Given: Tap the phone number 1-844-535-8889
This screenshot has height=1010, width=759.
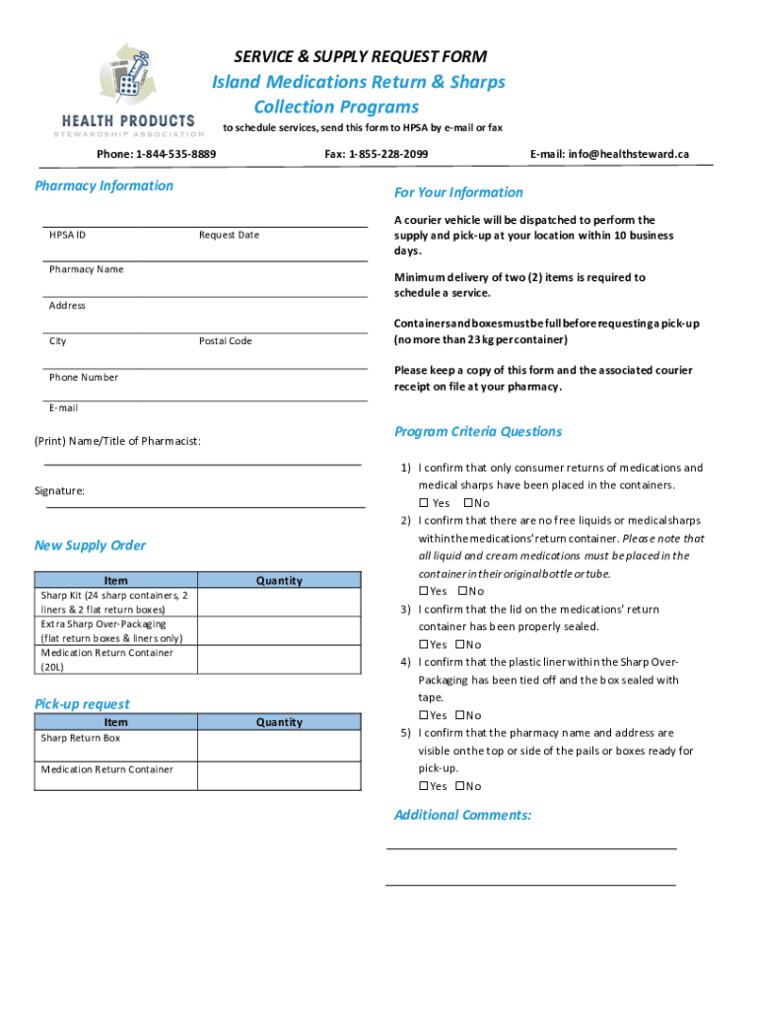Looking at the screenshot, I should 175,155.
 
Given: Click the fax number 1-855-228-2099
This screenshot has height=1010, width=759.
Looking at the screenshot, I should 388,155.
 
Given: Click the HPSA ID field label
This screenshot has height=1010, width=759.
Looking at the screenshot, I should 67,235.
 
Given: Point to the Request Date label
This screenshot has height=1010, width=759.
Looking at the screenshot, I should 229,235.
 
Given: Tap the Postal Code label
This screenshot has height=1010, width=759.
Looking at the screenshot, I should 225,341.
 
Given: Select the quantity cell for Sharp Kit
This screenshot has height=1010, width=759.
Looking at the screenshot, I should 280,603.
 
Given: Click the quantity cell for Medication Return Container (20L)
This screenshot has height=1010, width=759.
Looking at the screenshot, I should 280,660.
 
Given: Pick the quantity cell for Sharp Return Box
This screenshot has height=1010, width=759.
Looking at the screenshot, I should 280,746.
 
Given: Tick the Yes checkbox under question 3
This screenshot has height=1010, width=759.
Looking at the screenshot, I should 424,644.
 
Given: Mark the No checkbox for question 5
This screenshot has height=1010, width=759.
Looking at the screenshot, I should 460,786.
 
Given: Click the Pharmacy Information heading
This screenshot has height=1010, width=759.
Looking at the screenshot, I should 103,185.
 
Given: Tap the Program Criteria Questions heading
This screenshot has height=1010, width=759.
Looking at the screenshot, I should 478,431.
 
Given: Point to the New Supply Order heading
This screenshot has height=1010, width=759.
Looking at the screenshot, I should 90,545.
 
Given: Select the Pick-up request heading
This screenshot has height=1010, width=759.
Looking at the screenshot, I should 82,703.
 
